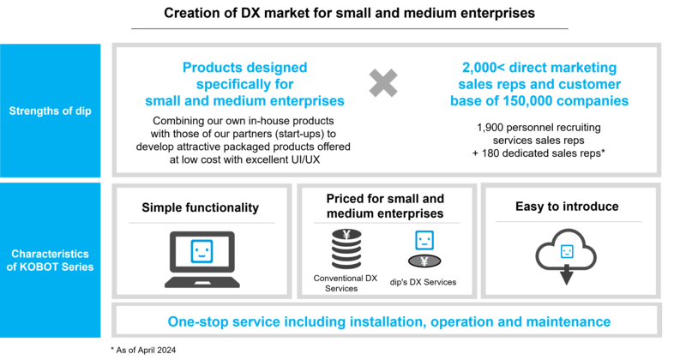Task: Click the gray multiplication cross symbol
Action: pos(383,82)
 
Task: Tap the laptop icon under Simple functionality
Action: pos(202,260)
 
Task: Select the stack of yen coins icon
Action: pos(346,249)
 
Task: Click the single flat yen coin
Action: pos(424,261)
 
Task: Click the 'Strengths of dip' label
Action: pos(51,111)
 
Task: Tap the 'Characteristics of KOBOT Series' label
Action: pos(51,261)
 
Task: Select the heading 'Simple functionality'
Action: pos(201,207)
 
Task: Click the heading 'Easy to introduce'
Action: pos(567,206)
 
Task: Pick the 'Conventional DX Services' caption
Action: pos(346,283)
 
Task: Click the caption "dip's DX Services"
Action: pos(423,282)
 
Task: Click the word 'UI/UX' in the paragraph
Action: pos(305,159)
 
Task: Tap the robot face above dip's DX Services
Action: pos(424,240)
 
